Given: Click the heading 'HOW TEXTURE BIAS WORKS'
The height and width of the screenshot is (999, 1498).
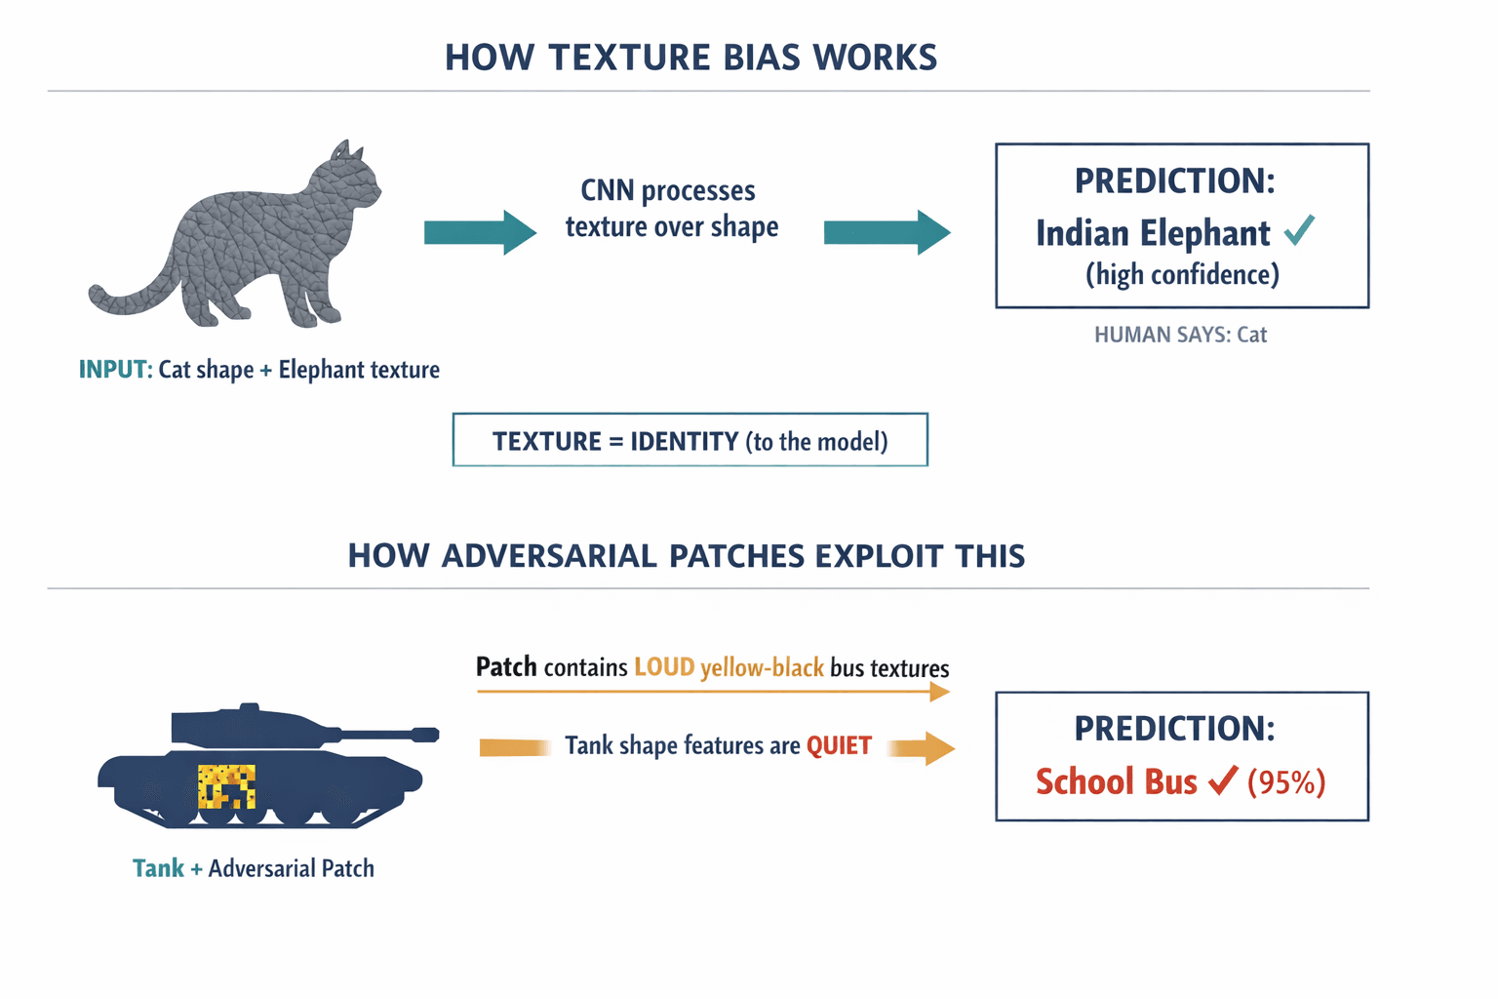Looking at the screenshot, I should point(690,58).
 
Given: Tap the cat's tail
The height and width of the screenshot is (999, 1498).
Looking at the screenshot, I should point(127,298).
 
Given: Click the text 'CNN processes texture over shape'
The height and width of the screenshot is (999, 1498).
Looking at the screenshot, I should point(671,208).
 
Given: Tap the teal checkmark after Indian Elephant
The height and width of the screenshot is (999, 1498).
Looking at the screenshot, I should point(1299,230).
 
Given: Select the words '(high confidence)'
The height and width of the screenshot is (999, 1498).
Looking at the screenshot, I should point(1182,275).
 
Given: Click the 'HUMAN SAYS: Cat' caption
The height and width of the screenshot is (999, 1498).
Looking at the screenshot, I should point(1180,335).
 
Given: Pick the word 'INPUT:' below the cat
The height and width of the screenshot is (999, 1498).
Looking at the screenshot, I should point(115,370).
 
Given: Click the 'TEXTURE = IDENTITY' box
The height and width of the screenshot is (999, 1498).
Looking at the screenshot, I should point(690,441).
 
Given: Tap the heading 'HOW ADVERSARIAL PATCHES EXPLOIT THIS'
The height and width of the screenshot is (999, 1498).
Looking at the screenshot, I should point(687,556).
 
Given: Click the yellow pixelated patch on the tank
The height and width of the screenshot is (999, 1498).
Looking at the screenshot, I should point(227,786).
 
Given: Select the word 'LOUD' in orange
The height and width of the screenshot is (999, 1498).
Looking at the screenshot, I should point(664,667).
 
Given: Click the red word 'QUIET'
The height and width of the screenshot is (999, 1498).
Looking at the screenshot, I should point(839,746).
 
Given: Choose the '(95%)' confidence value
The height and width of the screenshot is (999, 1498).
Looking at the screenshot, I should point(1286,782).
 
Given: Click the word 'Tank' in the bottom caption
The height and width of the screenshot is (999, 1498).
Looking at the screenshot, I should point(158,868).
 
